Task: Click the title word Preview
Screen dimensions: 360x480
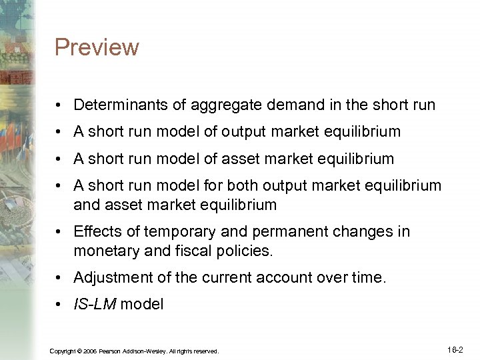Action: [x=97, y=48]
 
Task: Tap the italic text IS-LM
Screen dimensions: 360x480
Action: [x=94, y=304]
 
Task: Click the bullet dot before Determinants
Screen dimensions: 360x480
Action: [x=60, y=105]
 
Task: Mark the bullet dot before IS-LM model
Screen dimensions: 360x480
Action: [x=60, y=305]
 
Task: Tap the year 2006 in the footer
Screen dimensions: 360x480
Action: [x=93, y=351]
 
